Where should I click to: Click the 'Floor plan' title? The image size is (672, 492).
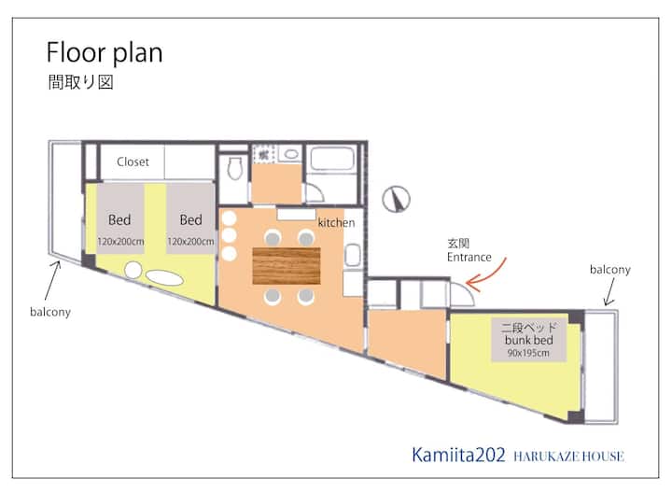point(105,53)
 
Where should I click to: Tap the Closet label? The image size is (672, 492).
point(133,162)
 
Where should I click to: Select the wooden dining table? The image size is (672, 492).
point(287,266)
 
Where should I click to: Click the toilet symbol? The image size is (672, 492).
point(234,168)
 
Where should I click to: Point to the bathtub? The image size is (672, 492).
point(332,159)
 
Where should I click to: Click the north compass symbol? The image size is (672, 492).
point(396,199)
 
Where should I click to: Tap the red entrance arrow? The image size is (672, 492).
point(485,274)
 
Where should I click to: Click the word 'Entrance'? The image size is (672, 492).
point(469,257)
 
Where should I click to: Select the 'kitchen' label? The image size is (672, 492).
point(336,222)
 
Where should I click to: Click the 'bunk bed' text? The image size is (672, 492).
point(528,340)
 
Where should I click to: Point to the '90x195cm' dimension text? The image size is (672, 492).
point(528,353)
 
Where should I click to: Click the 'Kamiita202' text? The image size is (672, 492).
point(458,455)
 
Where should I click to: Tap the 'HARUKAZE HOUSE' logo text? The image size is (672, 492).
point(568,457)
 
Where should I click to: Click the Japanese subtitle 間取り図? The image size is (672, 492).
point(80,82)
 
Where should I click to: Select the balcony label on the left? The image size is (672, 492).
point(50,312)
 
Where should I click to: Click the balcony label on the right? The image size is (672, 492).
point(610,269)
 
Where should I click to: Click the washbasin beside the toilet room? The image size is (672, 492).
point(291,154)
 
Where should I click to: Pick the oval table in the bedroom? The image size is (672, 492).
point(164,277)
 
